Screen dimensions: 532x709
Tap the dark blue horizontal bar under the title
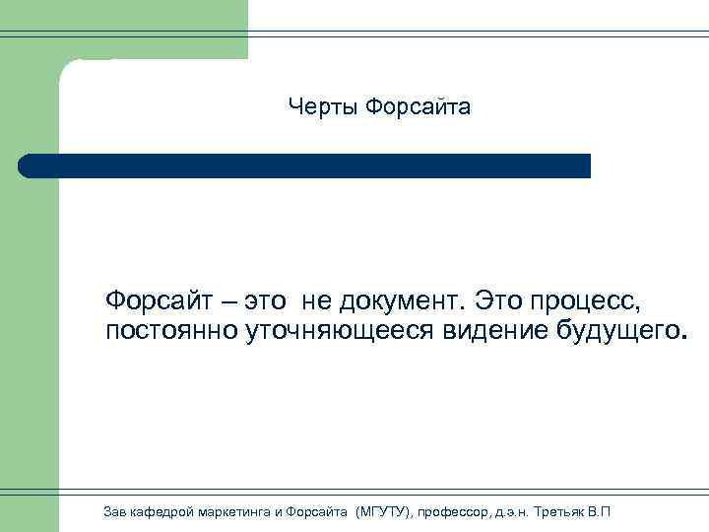305,166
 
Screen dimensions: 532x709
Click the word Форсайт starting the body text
161,299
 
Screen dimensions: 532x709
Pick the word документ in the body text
402,299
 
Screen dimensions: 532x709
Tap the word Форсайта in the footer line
317,510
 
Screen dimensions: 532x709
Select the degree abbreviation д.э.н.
514,510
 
